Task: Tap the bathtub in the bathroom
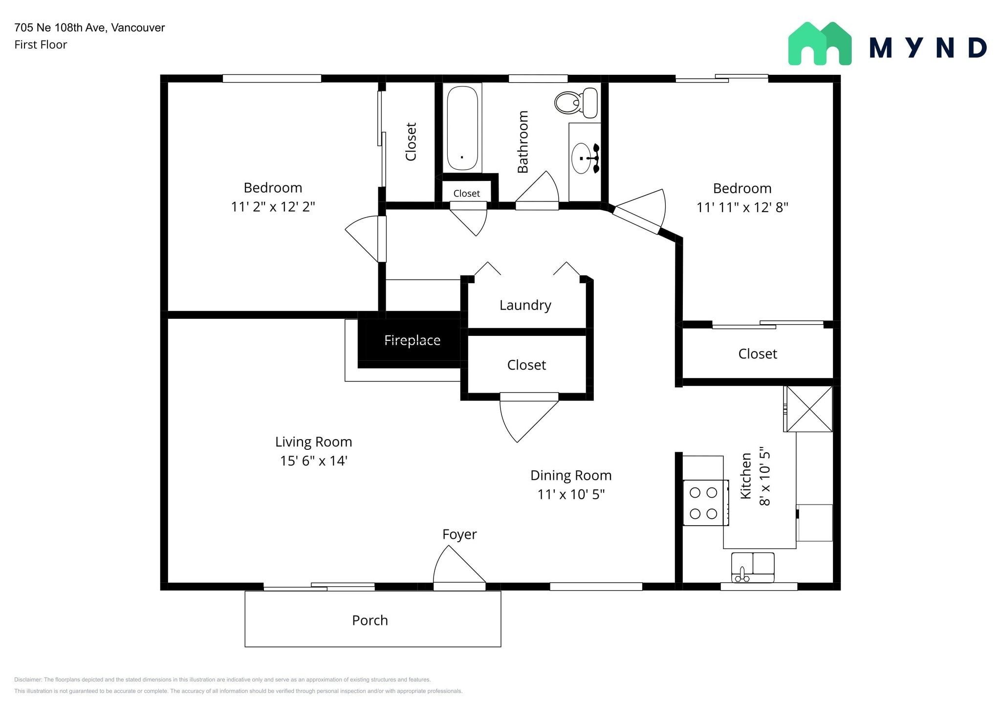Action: [462, 128]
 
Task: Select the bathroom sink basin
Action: [581, 158]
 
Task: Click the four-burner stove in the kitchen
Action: [704, 503]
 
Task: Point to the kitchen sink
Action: [753, 567]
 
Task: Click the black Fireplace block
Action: [412, 340]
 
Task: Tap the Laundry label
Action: [525, 305]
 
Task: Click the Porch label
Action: [370, 620]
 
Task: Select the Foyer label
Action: [459, 534]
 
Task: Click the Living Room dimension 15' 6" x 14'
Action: [313, 461]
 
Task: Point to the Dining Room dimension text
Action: [571, 494]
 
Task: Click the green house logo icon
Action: [820, 44]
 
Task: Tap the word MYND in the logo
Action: [928, 48]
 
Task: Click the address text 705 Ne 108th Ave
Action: [89, 28]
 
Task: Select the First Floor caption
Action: [41, 45]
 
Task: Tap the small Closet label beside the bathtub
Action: [466, 194]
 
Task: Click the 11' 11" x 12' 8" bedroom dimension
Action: [742, 207]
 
